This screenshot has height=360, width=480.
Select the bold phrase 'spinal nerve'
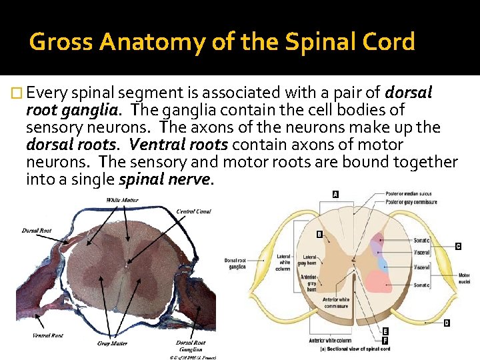tap(166, 179)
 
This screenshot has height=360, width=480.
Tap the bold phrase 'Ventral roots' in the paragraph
tap(178, 145)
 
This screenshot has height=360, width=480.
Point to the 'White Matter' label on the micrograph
tap(122, 200)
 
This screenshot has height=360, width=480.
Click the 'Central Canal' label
tap(193, 211)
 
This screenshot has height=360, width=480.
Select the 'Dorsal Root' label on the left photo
tap(36, 231)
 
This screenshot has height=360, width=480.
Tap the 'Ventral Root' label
tap(47, 335)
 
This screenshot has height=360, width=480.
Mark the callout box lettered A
tap(335, 195)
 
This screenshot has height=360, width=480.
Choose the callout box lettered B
tap(319, 235)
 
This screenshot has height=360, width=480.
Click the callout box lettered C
tap(457, 246)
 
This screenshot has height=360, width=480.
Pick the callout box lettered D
tap(447, 323)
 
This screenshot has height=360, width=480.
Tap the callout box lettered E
tap(385, 331)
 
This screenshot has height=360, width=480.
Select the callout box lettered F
tap(385, 340)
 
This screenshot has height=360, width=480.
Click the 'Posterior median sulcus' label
tap(408, 194)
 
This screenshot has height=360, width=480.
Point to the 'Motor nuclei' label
tap(464, 278)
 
